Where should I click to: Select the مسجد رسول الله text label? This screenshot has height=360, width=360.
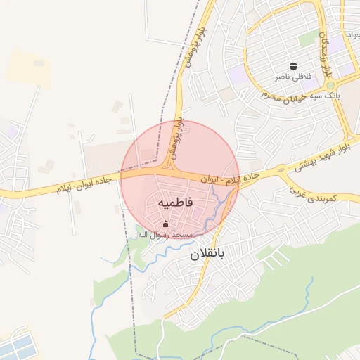[x=164, y=235]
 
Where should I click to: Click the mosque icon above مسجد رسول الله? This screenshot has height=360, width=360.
[x=165, y=224]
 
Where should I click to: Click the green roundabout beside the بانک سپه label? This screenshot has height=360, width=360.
[x=330, y=86]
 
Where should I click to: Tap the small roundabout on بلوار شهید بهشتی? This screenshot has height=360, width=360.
[x=281, y=169]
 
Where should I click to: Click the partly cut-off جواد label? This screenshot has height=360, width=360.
[x=352, y=34]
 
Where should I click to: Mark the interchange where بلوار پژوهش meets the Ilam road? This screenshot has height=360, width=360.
[x=169, y=170]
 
